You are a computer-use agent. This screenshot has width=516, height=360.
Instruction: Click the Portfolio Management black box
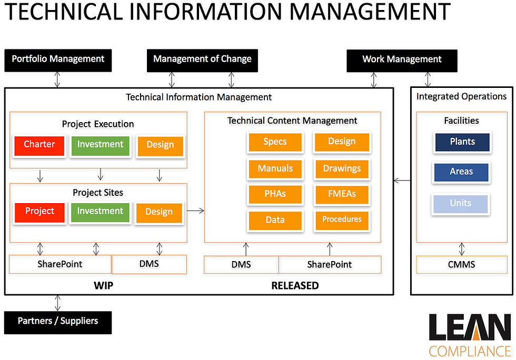pyautogui.click(x=58, y=61)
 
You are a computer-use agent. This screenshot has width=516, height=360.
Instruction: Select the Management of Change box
pyautogui.click(x=202, y=61)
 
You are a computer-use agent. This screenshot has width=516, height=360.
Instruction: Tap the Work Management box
pyautogui.click(x=402, y=61)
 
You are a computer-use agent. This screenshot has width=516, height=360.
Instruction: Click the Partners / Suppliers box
pyautogui.click(x=58, y=323)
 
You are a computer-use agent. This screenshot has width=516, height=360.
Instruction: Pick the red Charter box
pyautogui.click(x=39, y=146)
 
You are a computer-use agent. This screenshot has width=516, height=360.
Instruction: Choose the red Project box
pyautogui.click(x=39, y=213)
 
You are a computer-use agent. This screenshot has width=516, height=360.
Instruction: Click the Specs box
pyautogui.click(x=275, y=142)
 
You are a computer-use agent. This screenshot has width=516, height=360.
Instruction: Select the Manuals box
pyautogui.click(x=275, y=169)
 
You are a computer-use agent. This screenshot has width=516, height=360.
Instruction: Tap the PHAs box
pyautogui.click(x=275, y=194)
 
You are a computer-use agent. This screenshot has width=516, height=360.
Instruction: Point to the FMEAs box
pyautogui.click(x=342, y=194)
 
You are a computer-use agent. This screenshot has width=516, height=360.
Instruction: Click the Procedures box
pyautogui.click(x=342, y=220)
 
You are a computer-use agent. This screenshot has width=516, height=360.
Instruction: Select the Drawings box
pyautogui.click(x=342, y=169)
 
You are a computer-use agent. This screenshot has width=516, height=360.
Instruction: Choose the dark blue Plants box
pyautogui.click(x=462, y=142)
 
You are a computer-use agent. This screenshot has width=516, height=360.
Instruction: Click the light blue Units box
pyautogui.click(x=461, y=204)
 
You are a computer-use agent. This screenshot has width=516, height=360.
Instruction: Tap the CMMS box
pyautogui.click(x=462, y=265)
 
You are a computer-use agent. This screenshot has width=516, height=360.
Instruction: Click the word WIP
pyautogui.click(x=103, y=285)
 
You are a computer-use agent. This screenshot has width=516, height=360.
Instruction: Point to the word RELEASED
pyautogui.click(x=295, y=285)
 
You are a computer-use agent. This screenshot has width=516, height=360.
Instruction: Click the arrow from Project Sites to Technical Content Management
pyautogui.click(x=195, y=211)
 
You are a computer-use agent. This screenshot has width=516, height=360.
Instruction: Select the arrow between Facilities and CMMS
pyautogui.click(x=462, y=249)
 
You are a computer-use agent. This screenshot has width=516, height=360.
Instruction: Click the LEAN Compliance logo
pyautogui.click(x=470, y=335)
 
